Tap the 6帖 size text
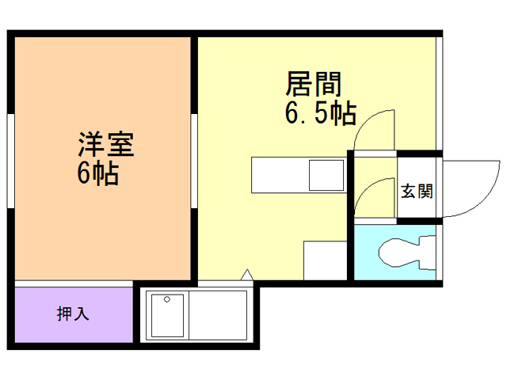click(x=97, y=173)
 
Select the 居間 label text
click(x=313, y=84)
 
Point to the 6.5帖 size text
click(x=319, y=113)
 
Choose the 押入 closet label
click(x=72, y=313)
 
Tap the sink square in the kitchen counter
click(x=326, y=175)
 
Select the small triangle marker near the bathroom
click(x=246, y=275)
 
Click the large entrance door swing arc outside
click(x=472, y=188)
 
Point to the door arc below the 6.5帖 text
click(x=375, y=131)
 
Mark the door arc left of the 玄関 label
click(x=374, y=199)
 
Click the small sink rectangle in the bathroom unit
click(x=167, y=314)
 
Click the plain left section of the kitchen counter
click(x=278, y=175)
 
